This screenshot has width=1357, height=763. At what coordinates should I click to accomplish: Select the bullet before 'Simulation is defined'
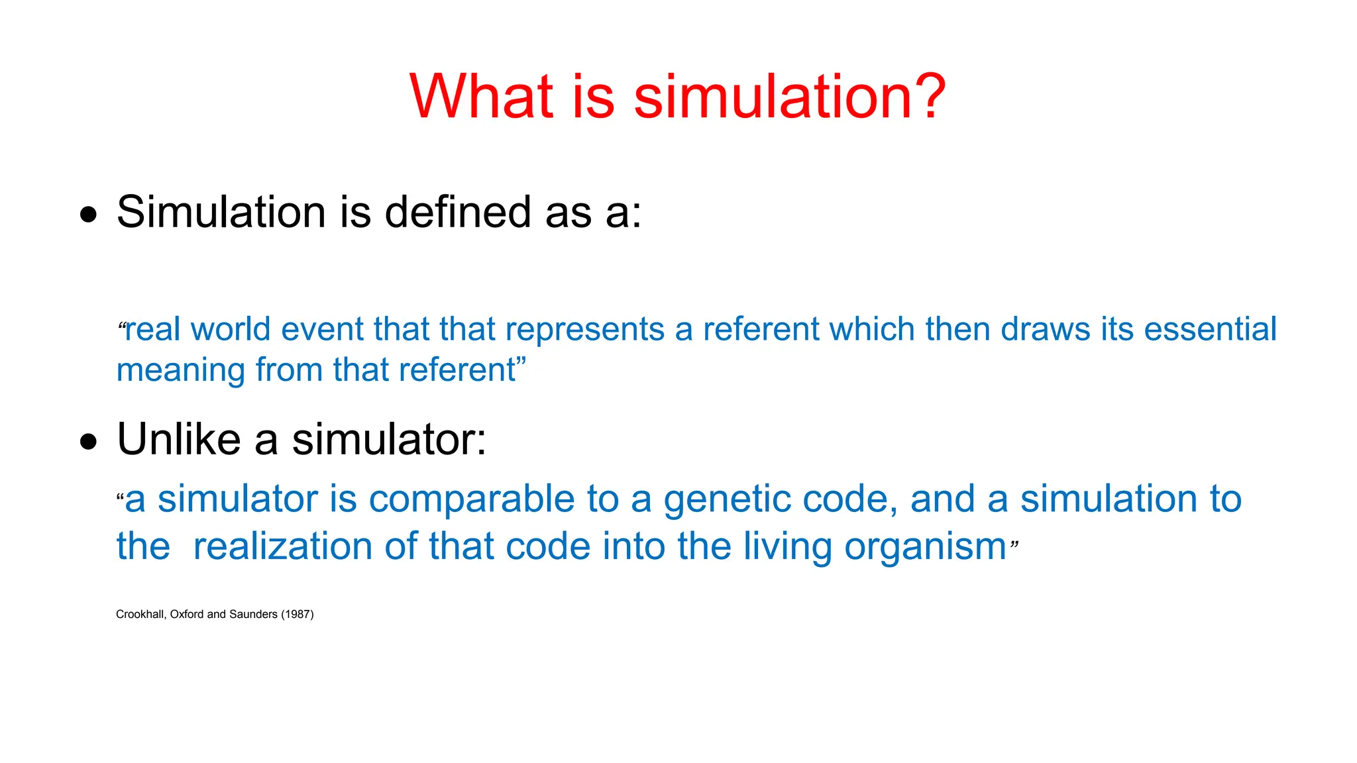coord(88,215)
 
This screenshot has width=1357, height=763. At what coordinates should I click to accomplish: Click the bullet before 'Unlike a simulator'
coord(88,442)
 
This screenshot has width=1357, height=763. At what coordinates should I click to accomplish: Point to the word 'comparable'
coord(472,500)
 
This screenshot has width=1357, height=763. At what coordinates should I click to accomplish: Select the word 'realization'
coord(283,547)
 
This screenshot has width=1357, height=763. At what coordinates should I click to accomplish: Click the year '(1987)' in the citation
coord(298,615)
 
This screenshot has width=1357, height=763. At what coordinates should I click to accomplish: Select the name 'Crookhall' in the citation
coord(140,615)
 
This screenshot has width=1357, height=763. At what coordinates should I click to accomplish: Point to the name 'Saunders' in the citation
coord(253,615)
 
